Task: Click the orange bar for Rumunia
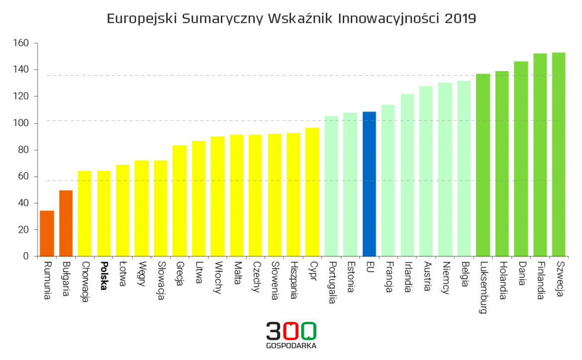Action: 47,233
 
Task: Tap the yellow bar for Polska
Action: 104,213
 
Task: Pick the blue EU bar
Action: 369,183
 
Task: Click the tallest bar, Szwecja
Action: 559,154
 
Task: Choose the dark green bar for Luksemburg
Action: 483,165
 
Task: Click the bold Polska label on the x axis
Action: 104,276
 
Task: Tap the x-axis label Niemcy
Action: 445,278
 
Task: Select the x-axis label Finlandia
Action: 540,281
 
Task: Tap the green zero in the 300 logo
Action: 308,330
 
